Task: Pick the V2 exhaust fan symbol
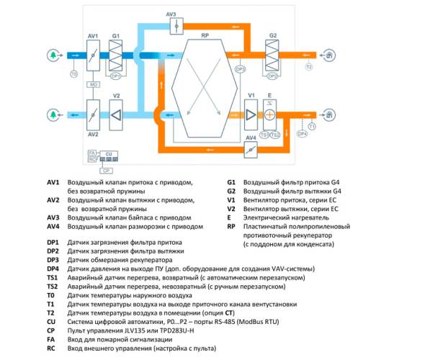(116, 115)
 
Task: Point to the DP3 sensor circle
(241, 70)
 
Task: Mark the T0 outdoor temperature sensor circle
(72, 74)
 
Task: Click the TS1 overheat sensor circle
(264, 135)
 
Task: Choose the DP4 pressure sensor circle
(303, 134)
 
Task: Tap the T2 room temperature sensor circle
(309, 67)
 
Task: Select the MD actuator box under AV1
(93, 84)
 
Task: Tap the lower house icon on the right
(329, 115)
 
